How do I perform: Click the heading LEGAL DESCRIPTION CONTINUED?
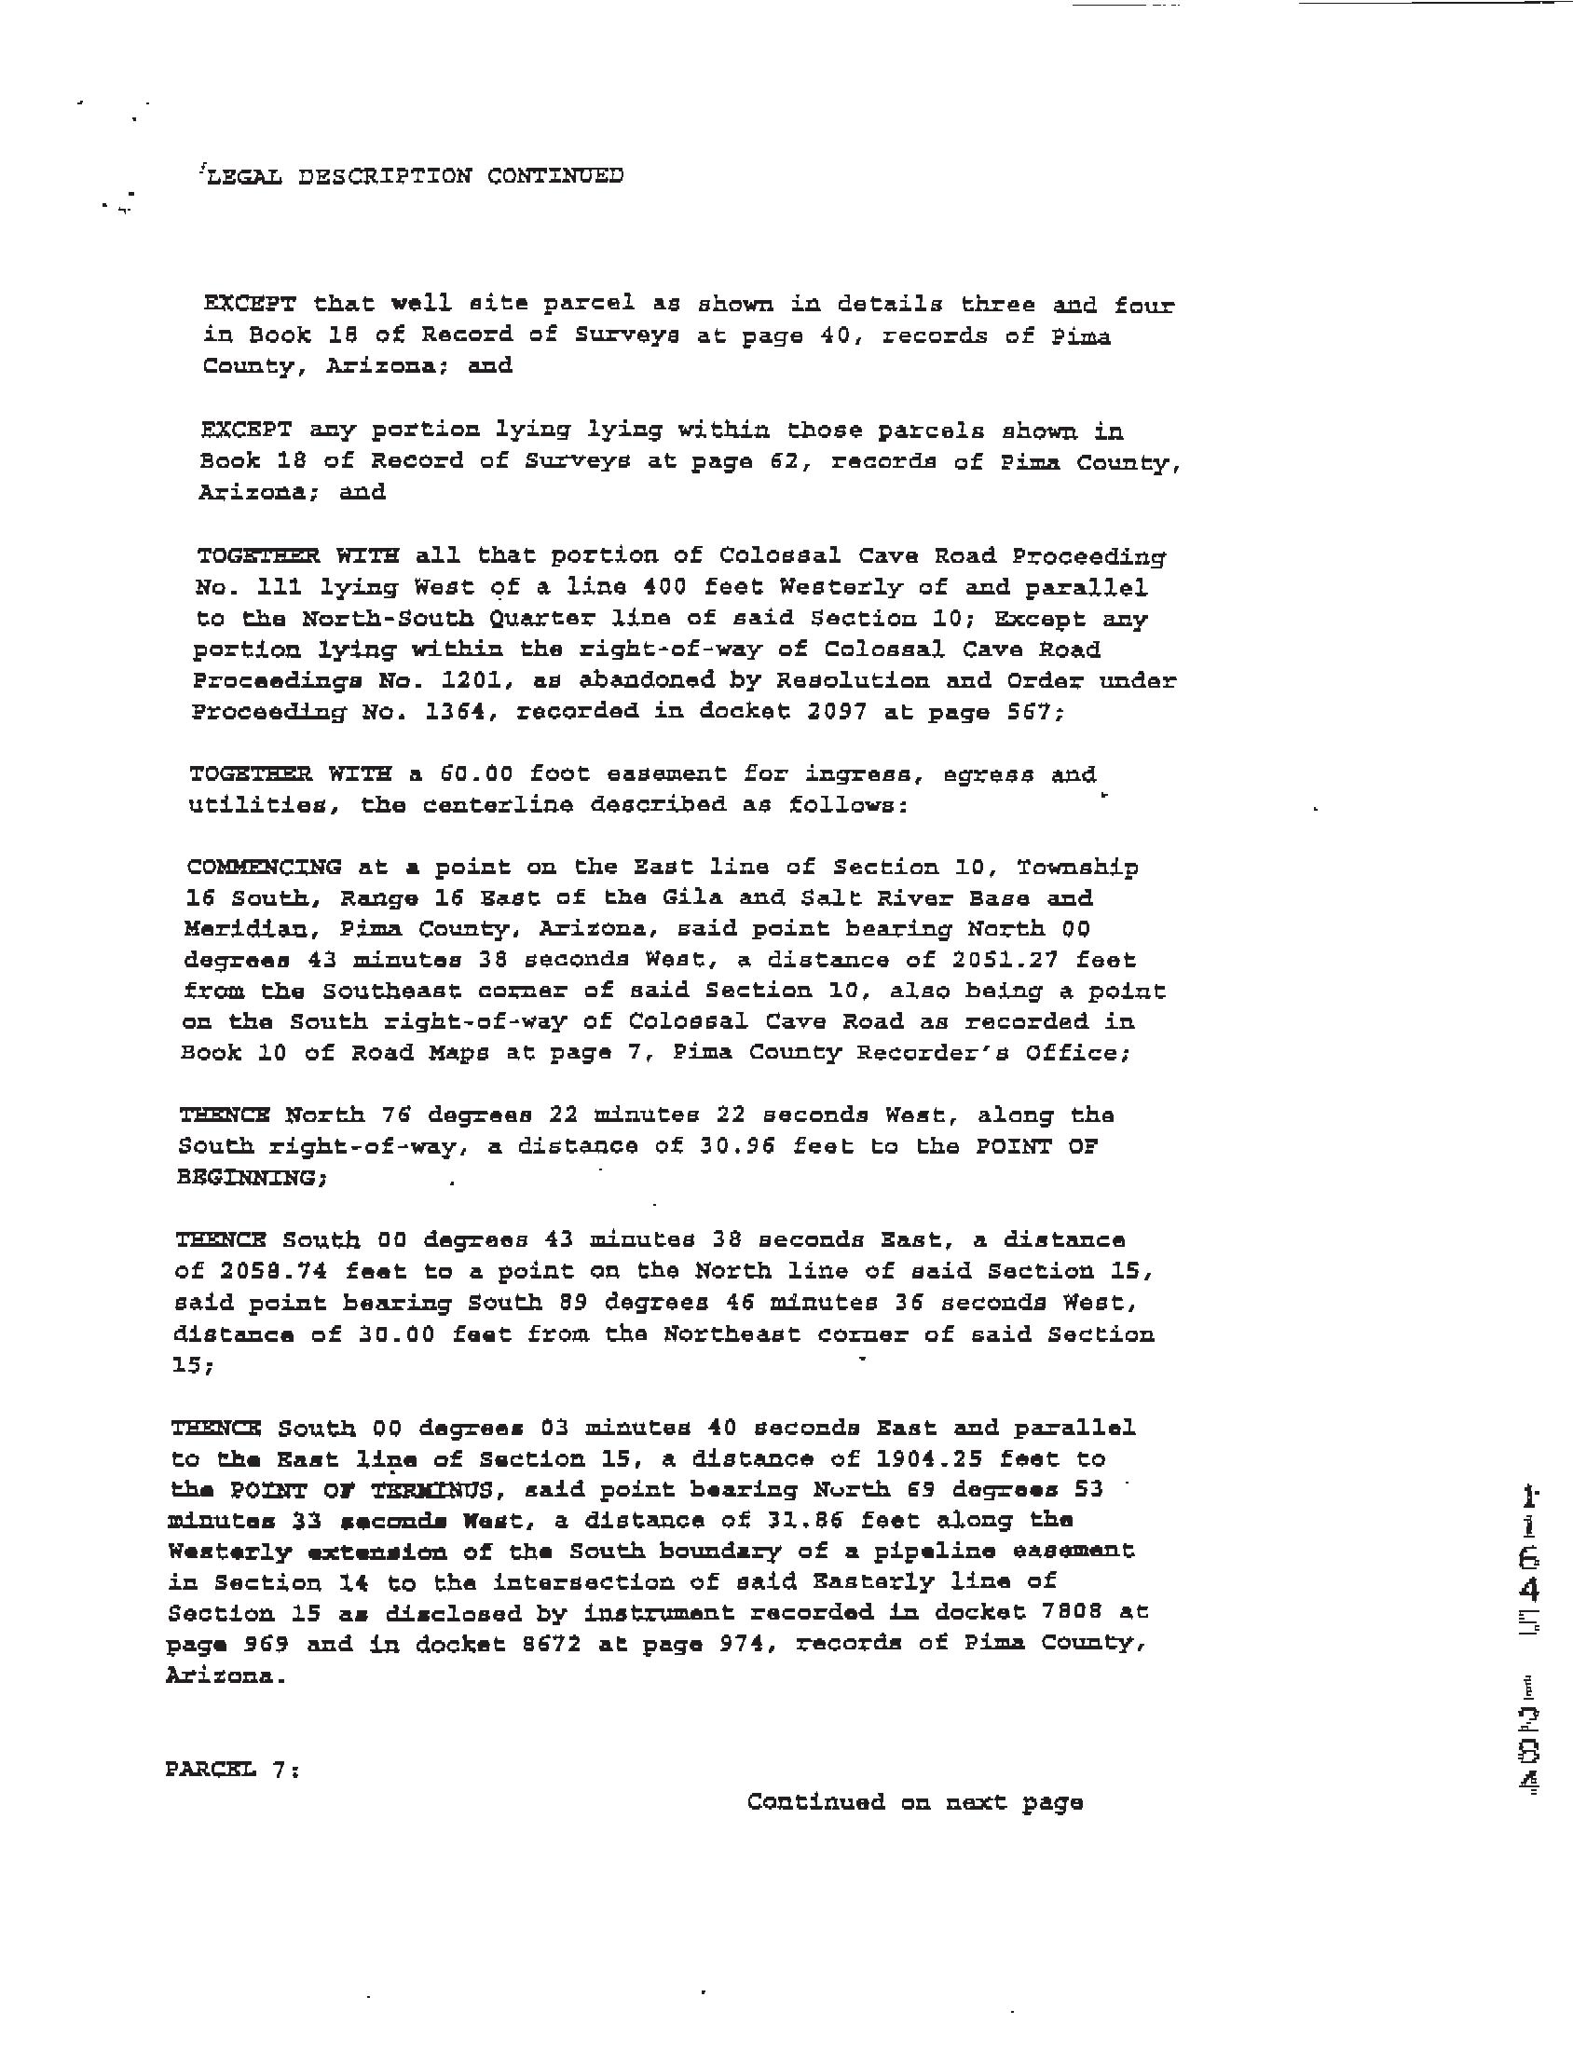tap(413, 176)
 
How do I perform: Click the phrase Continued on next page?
tap(915, 1802)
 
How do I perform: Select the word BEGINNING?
tap(252, 1177)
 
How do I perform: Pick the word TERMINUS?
tap(438, 1489)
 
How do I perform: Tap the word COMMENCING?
tap(264, 867)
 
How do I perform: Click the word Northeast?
tap(732, 1333)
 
